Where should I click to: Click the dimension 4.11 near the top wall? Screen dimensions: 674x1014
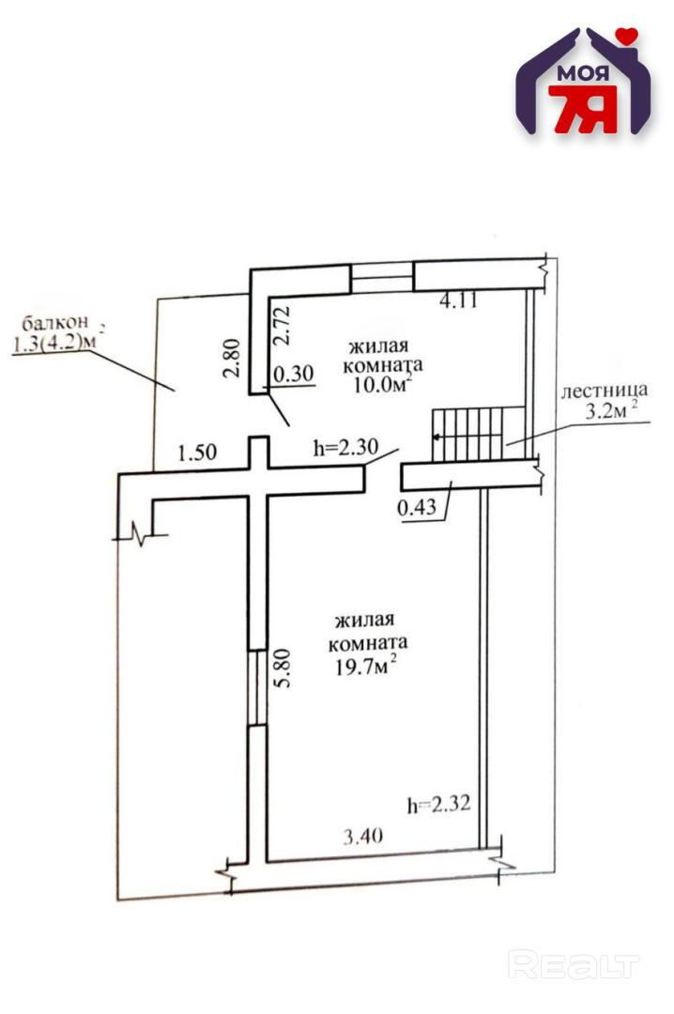pos(460,302)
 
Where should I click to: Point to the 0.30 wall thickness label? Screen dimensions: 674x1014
pos(291,374)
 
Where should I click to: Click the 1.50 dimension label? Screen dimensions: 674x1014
pos(197,452)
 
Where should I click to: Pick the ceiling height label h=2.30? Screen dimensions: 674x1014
pos(345,449)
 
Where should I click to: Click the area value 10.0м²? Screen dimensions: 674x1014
pos(379,386)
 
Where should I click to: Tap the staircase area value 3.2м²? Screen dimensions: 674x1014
pos(613,410)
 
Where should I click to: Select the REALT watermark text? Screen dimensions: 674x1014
pos(574,964)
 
